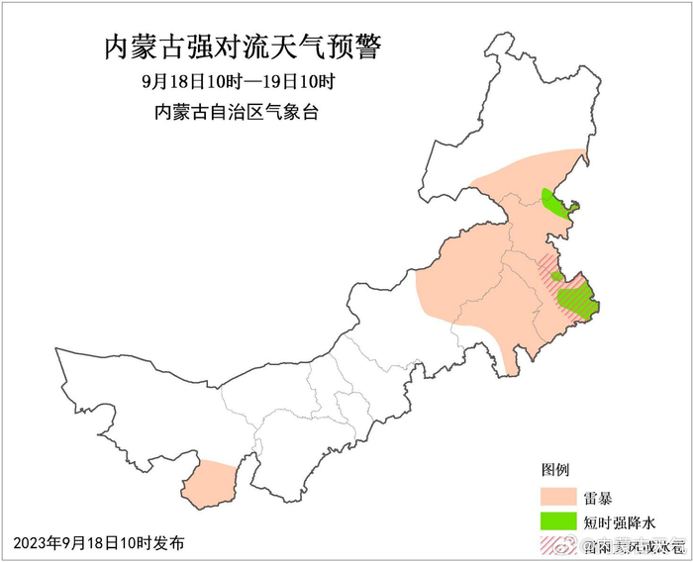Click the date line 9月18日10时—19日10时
point(238,81)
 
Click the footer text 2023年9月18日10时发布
point(99,542)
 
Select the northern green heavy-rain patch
point(556,205)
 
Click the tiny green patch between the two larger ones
point(556,277)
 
